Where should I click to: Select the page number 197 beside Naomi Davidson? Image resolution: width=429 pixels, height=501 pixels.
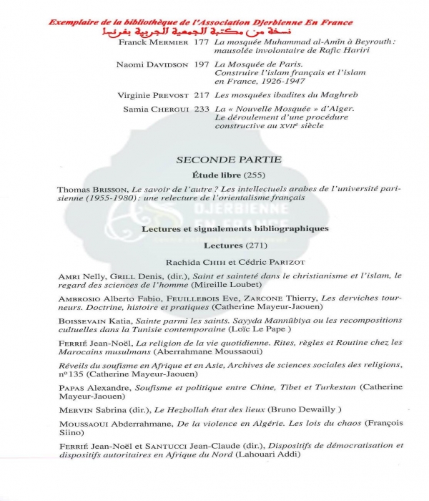tap(202, 65)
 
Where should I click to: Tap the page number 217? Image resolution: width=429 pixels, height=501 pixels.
tap(202, 94)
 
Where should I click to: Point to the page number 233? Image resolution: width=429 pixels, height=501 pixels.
tap(202, 109)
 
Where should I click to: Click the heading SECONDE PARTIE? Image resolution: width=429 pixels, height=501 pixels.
tap(228, 159)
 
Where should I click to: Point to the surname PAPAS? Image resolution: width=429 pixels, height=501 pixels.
tap(73, 387)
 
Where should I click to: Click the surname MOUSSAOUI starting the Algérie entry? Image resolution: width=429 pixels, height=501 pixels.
tap(87, 424)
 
